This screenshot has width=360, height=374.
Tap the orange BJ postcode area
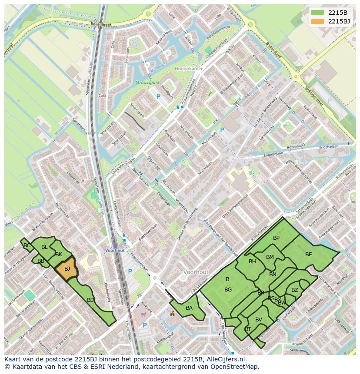[67, 269]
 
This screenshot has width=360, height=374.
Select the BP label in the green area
[276, 238]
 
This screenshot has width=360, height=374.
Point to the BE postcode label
[308, 255]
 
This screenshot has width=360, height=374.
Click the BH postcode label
[252, 261]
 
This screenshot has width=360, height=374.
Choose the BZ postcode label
[295, 290]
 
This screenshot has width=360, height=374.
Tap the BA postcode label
[189, 308]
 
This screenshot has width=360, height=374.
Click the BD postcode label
[90, 300]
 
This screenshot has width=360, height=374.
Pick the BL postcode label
[44, 247]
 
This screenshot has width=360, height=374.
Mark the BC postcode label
[27, 245]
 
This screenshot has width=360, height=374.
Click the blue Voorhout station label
[115, 251]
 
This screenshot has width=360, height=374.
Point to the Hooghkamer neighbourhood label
[188, 69]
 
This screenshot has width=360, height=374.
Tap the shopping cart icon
[144, 314]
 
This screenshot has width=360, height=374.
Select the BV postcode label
[259, 320]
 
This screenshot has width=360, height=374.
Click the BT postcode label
[248, 329]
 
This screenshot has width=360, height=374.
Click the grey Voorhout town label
[196, 272]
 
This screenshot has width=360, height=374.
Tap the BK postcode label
[59, 254]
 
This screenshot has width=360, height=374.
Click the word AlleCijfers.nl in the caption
[226, 360]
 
